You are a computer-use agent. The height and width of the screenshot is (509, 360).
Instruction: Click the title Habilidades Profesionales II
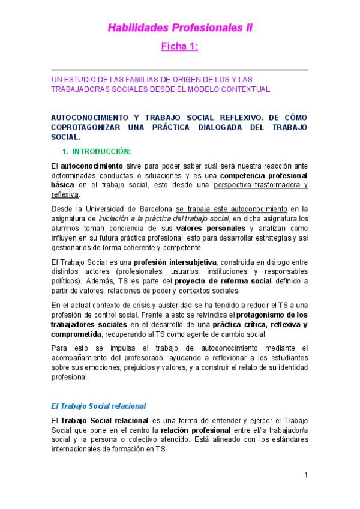[x=180, y=28]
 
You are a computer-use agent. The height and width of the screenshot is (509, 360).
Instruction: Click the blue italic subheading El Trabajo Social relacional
[x=98, y=406]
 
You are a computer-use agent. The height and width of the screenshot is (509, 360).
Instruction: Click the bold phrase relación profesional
[x=195, y=430]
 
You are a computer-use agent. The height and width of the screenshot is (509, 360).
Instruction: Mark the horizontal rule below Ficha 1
[x=179, y=70]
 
